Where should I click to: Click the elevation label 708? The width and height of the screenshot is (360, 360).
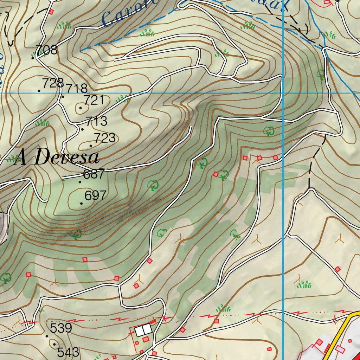tap(46, 50)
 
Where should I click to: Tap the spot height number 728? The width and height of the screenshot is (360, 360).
tap(53, 83)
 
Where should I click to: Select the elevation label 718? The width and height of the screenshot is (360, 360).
tap(77, 88)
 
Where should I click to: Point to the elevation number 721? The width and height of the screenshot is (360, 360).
tap(94, 100)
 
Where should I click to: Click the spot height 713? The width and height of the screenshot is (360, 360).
tap(96, 121)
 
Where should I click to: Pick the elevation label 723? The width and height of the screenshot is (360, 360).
tap(104, 138)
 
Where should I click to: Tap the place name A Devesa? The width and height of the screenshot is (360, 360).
tap(57, 157)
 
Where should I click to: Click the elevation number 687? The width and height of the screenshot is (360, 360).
tap(94, 174)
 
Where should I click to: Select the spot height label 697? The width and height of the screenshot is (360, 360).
tap(95, 195)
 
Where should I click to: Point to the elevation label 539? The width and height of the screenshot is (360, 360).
tap(61, 328)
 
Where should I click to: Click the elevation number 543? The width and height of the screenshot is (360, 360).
tap(68, 352)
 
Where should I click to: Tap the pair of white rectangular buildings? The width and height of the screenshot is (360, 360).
tap(143, 330)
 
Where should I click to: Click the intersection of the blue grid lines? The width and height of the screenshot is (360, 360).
tap(283, 93)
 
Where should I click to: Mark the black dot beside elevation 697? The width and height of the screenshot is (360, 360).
tap(82, 204)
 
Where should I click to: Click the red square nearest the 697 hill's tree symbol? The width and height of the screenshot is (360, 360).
tap(84, 259)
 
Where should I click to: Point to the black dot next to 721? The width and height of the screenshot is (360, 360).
tap(81, 108)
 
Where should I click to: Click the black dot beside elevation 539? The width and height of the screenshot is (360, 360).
tap(47, 336)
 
